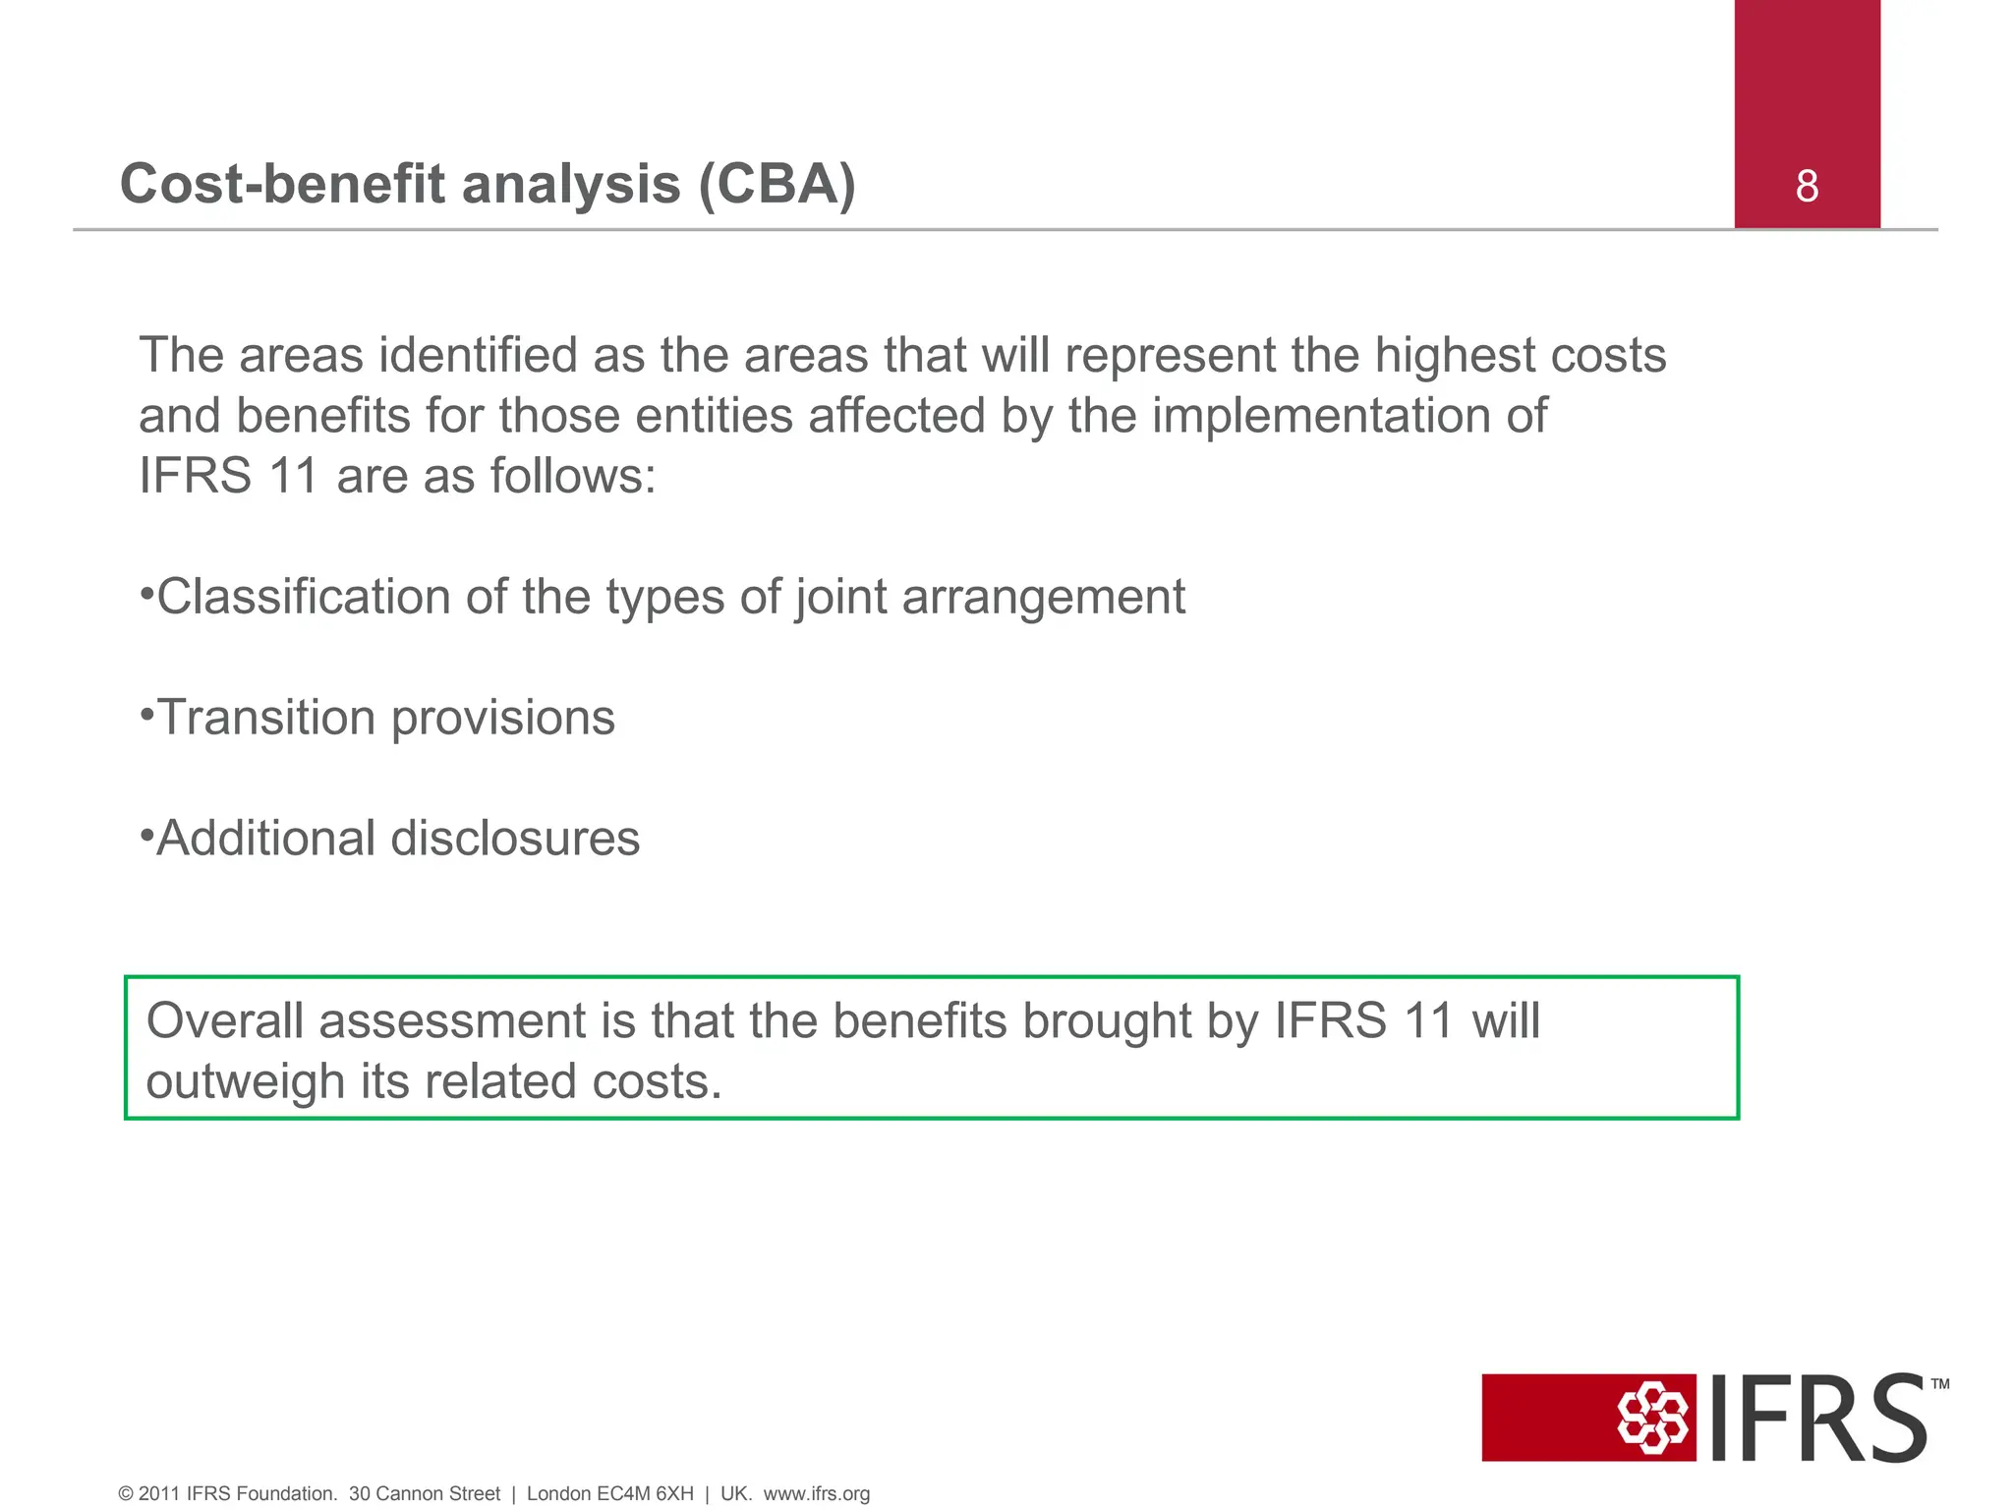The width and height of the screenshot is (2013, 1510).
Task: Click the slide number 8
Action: (x=1807, y=186)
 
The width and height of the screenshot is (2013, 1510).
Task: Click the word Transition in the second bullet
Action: (x=266, y=718)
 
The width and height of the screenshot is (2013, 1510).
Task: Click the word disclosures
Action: (x=515, y=839)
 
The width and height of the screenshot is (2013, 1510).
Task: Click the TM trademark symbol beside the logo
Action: (x=1939, y=1384)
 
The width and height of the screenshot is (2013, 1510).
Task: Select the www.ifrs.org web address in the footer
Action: (x=816, y=1494)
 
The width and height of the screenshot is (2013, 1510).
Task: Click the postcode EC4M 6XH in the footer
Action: (x=644, y=1494)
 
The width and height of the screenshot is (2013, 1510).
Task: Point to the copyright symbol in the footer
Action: (x=126, y=1494)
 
